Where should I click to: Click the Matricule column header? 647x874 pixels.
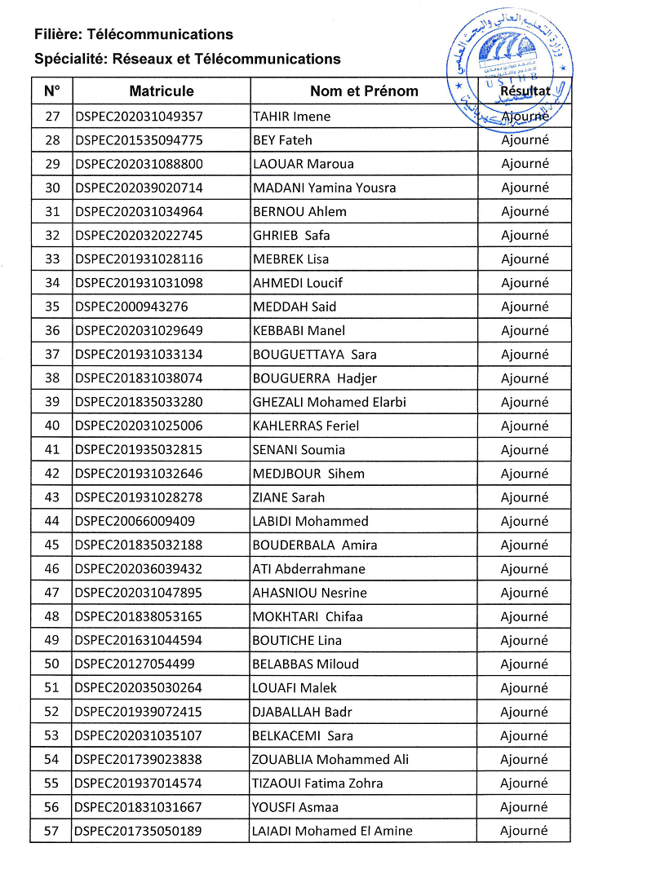(161, 91)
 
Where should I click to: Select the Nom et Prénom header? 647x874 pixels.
(364, 91)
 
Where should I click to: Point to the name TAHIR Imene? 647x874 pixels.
(291, 117)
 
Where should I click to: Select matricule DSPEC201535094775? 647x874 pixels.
(139, 140)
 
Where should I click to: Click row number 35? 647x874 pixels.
(52, 307)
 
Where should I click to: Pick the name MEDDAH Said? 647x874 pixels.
(295, 307)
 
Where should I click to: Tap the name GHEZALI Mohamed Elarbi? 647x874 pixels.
(329, 402)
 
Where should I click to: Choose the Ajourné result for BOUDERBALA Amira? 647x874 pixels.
(525, 545)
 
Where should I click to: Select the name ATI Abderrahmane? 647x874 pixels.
(308, 569)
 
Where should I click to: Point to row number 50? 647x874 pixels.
(52, 664)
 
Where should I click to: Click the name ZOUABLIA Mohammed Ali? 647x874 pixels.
(330, 760)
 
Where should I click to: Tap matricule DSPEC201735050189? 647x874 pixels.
(139, 831)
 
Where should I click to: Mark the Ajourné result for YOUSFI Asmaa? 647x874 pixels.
(525, 807)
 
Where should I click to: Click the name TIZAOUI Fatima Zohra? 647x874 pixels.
(317, 784)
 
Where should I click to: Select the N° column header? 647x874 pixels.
(52, 91)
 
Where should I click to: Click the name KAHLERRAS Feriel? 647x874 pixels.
(305, 426)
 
